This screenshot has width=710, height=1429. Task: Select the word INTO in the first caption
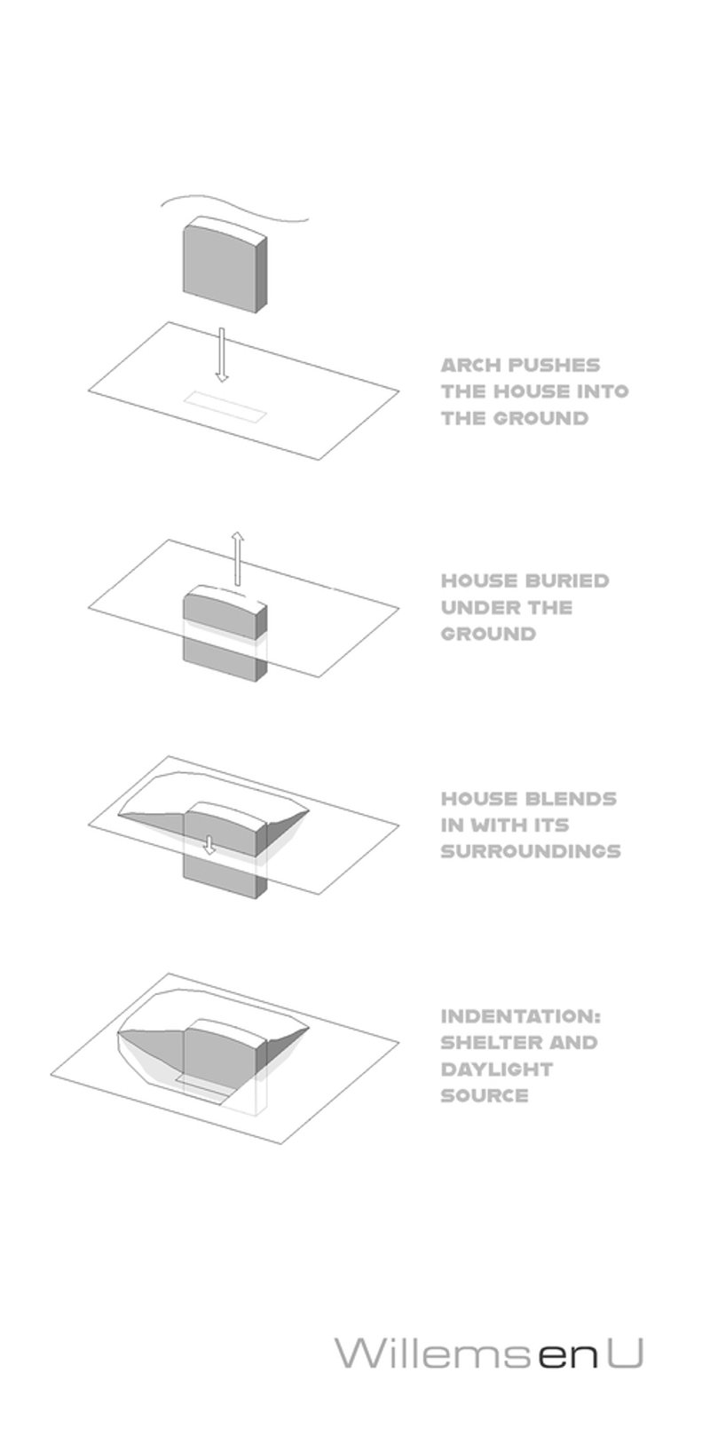(603, 391)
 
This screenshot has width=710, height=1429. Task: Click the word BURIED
(567, 580)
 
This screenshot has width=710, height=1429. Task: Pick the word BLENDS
(572, 799)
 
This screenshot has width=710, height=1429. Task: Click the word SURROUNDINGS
(531, 851)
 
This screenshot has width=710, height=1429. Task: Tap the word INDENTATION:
(521, 1015)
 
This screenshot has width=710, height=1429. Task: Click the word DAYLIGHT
(497, 1069)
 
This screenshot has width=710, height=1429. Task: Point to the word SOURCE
(485, 1095)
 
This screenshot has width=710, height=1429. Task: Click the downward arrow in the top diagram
(221, 355)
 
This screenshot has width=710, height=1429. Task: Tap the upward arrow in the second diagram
(237, 557)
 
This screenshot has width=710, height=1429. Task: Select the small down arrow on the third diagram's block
(209, 845)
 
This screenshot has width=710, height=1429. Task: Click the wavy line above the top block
(233, 210)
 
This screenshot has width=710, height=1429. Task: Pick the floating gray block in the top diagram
(225, 265)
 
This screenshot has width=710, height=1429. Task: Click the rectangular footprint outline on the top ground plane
(225, 407)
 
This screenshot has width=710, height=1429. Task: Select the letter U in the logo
(624, 1353)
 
